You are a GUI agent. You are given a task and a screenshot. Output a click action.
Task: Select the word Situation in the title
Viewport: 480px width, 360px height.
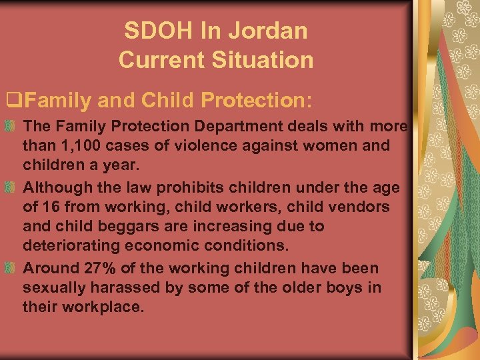pyautogui.click(x=262, y=60)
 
